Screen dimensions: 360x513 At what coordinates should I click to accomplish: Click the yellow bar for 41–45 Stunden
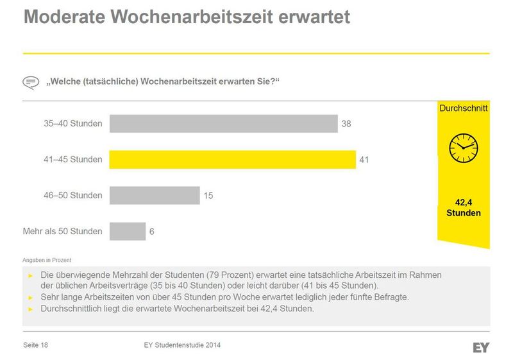[x=232, y=159]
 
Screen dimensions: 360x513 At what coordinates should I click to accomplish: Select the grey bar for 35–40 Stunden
[x=223, y=123]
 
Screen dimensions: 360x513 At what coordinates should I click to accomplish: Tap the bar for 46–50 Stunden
[x=155, y=195]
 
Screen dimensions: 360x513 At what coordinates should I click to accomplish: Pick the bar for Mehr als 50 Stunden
[x=128, y=231]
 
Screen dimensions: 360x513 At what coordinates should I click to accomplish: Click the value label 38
[x=346, y=123]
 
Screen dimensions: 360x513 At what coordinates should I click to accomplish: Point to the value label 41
[x=364, y=159]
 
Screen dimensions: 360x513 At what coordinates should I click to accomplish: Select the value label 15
[x=208, y=195]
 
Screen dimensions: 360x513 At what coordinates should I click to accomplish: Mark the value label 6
[x=152, y=231]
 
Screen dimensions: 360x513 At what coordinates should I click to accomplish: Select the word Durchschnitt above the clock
[x=463, y=108]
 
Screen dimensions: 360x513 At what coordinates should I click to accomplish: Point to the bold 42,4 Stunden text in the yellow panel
[x=463, y=207]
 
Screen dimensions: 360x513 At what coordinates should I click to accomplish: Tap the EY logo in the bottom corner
[x=481, y=347]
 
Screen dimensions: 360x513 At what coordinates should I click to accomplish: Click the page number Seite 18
[x=36, y=345]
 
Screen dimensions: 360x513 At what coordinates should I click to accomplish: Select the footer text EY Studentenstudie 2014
[x=182, y=345]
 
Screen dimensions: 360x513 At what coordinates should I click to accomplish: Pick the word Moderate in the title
[x=67, y=17]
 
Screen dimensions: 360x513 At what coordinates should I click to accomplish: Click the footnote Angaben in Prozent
[x=46, y=260]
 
